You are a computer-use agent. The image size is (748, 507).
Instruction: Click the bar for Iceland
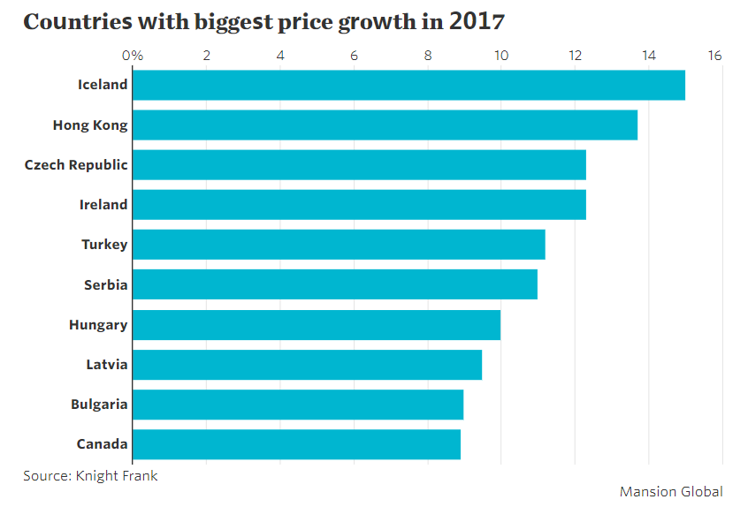(408, 85)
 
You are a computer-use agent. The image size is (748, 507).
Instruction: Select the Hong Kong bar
(385, 125)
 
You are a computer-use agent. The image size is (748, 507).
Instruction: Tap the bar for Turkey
(339, 245)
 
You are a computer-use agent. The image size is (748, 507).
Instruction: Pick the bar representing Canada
(296, 444)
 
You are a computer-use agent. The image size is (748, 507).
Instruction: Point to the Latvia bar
(307, 364)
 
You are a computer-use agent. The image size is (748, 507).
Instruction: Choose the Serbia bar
(335, 284)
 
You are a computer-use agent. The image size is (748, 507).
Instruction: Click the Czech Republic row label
(76, 165)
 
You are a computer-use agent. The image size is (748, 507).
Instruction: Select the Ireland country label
(103, 205)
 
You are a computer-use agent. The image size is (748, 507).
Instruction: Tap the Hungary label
(98, 325)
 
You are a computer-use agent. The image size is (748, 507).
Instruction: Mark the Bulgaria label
(99, 405)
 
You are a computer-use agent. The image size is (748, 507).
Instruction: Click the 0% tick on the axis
(133, 57)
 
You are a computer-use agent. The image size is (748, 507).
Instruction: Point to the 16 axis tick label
(715, 57)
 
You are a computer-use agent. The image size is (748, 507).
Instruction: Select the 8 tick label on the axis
(428, 57)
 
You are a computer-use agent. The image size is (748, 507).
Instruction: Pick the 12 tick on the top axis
(575, 57)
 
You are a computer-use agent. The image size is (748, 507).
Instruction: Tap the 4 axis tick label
(280, 57)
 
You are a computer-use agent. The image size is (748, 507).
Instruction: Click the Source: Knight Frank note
(91, 475)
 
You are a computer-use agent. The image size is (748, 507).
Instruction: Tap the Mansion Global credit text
(671, 491)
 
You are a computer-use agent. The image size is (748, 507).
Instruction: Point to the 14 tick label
(648, 57)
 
